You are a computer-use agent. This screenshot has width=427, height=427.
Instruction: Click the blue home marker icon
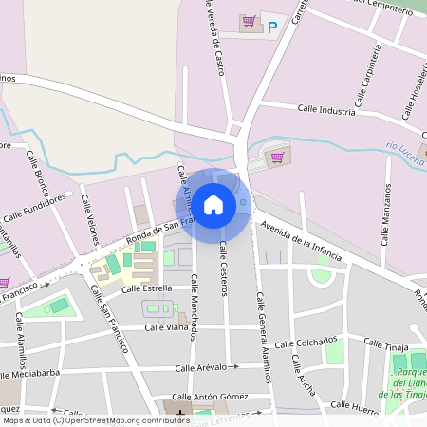213,204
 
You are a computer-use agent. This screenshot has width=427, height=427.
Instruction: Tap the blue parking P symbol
273,28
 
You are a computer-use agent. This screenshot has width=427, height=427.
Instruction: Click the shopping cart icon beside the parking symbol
249,21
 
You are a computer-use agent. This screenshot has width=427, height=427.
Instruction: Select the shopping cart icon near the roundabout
277,158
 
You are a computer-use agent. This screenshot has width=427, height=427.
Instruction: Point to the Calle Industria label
326,110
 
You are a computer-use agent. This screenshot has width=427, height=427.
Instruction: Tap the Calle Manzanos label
386,214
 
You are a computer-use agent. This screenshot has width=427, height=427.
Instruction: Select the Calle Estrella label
146,288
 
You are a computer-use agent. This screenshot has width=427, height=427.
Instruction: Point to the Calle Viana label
166,326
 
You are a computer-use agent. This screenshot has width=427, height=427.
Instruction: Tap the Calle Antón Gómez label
209,396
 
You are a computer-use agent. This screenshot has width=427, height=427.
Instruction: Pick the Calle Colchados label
305,342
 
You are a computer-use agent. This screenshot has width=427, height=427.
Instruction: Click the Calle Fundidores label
35,209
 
